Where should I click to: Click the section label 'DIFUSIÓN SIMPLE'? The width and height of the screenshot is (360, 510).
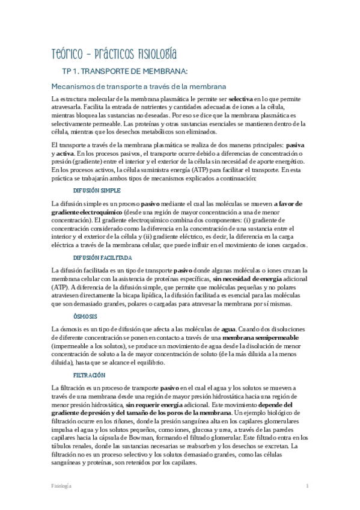97,190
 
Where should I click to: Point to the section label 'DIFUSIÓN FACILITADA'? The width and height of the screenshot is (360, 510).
103,257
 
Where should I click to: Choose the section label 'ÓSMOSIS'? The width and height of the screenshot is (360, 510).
85,316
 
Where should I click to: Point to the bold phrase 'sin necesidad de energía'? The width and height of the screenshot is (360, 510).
249,279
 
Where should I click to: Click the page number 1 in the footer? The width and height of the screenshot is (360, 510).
307,485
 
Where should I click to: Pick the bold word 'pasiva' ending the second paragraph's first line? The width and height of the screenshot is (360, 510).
294,145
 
